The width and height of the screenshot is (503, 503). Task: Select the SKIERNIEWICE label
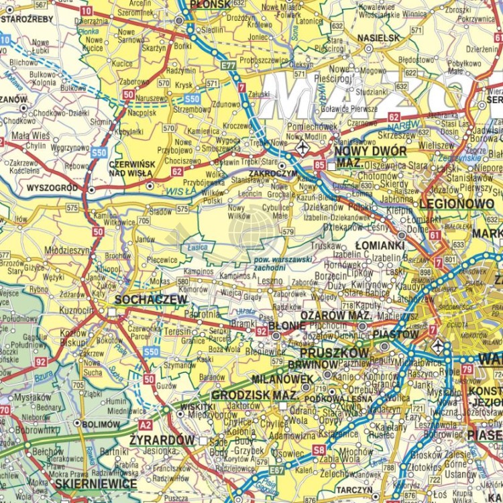click(x=96, y=484)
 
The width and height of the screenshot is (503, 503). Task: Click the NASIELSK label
click(x=379, y=38)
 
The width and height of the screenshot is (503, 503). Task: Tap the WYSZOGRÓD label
click(x=52, y=188)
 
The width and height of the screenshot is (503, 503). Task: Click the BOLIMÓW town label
click(x=101, y=424)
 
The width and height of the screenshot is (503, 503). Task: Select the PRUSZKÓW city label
click(x=335, y=352)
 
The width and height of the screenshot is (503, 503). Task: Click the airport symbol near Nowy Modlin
click(x=303, y=146)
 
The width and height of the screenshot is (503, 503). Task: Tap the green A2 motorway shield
click(x=146, y=424)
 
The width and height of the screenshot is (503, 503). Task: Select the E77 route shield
click(x=228, y=65)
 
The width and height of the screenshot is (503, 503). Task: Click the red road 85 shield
click(x=319, y=164)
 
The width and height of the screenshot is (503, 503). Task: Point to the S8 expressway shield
click(x=319, y=450)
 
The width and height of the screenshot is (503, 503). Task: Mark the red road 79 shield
click(x=467, y=369)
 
